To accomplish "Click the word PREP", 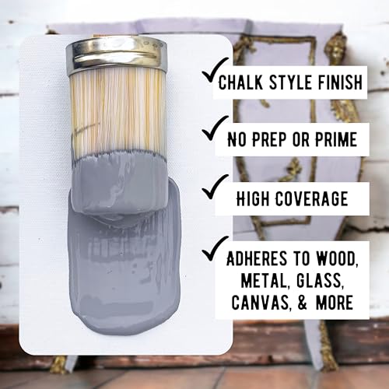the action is [x=269, y=139].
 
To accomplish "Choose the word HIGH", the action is [x=253, y=198].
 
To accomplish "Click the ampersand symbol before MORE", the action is [x=303, y=302].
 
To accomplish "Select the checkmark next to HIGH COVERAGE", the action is [x=215, y=187].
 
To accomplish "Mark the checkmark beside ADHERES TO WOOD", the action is [x=215, y=248].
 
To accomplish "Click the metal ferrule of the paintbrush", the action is [x=117, y=55].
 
